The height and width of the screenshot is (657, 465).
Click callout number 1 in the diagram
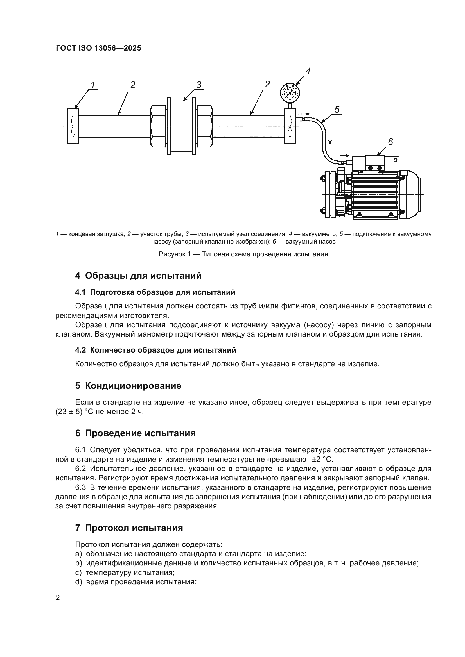[93, 85]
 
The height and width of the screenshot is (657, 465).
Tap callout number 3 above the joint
[199, 85]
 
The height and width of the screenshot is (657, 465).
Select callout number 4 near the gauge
[308, 71]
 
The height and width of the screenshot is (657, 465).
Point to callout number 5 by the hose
[337, 110]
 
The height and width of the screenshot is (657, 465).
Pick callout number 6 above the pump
[390, 142]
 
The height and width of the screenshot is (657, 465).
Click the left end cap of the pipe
[73, 126]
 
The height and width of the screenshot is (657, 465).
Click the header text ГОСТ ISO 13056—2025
[98, 48]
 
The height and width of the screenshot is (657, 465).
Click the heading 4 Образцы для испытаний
[138, 276]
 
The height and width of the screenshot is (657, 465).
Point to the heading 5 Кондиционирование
[128, 386]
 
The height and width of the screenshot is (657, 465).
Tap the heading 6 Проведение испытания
[135, 433]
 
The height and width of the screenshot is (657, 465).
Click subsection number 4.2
[80, 350]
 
